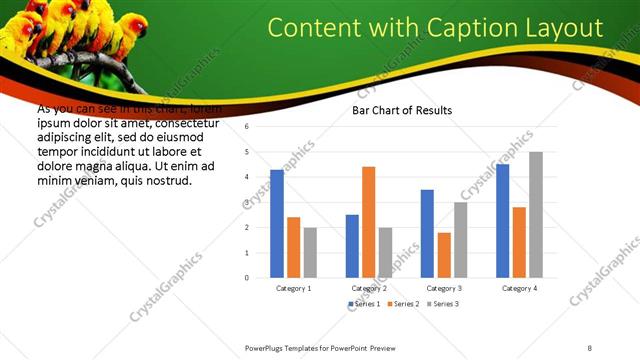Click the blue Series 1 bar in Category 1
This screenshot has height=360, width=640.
[x=277, y=223]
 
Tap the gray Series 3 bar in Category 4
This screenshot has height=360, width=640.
[x=536, y=214]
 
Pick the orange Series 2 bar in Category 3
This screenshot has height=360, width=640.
[x=443, y=254]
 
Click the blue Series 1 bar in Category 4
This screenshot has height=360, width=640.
[x=502, y=220]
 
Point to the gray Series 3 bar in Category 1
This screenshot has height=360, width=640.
[x=310, y=252]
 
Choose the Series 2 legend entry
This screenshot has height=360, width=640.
[x=403, y=303]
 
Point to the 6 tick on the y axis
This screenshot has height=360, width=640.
[x=246, y=128]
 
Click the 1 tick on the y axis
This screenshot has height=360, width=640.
[x=246, y=252]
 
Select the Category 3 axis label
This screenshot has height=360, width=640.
[x=443, y=288]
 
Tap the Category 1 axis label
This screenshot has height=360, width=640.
[x=293, y=288]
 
